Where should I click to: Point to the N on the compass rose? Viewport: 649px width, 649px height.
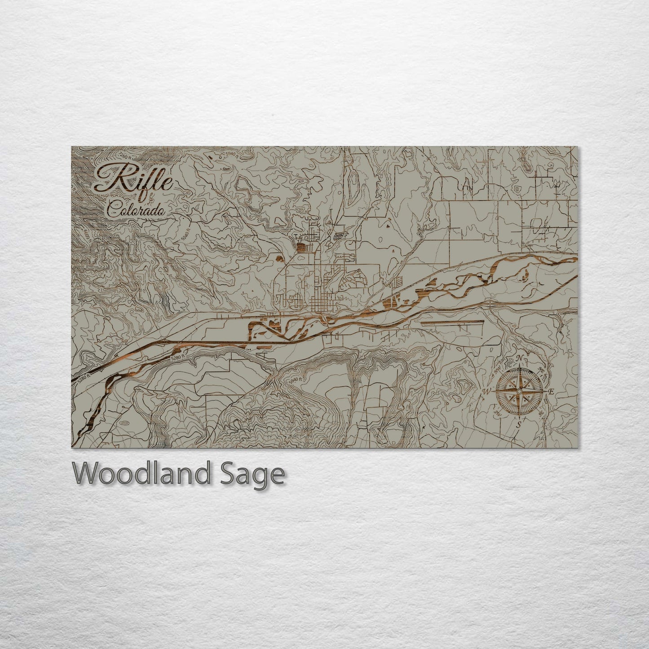point(520,358)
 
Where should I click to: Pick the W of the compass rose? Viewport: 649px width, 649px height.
point(486,392)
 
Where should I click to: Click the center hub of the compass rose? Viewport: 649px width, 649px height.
point(519,391)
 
